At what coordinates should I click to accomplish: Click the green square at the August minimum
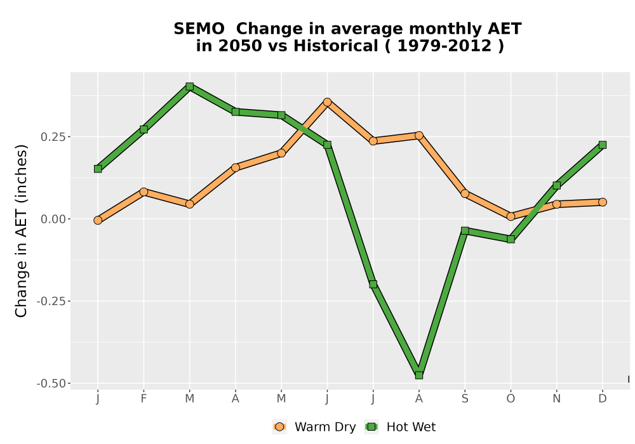[x=418, y=375]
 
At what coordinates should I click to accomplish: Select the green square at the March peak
[x=189, y=86]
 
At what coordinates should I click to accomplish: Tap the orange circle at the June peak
[x=327, y=102]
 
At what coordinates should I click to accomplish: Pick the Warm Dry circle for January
[x=98, y=220]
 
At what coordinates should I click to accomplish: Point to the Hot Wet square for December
[x=602, y=145]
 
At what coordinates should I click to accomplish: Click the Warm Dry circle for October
[x=511, y=216]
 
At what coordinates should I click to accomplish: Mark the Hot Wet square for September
[x=465, y=230]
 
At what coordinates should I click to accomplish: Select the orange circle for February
[x=144, y=192]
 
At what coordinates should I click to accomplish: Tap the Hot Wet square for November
[x=556, y=185]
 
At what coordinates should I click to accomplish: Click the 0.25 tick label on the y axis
[x=53, y=136]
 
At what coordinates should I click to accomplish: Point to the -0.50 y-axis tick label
[x=51, y=383]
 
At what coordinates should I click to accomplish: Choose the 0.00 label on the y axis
[x=53, y=219]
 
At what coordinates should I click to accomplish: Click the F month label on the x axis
[x=144, y=399]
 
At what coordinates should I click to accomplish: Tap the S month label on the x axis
[x=465, y=399]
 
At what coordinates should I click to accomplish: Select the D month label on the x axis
[x=602, y=399]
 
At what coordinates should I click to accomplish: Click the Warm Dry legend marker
[x=279, y=427]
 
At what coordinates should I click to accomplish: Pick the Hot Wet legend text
[x=411, y=427]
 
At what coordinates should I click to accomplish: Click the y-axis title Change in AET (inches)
[x=21, y=230]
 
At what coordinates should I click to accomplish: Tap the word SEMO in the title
[x=199, y=29]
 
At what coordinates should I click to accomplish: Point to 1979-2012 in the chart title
[x=444, y=46]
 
